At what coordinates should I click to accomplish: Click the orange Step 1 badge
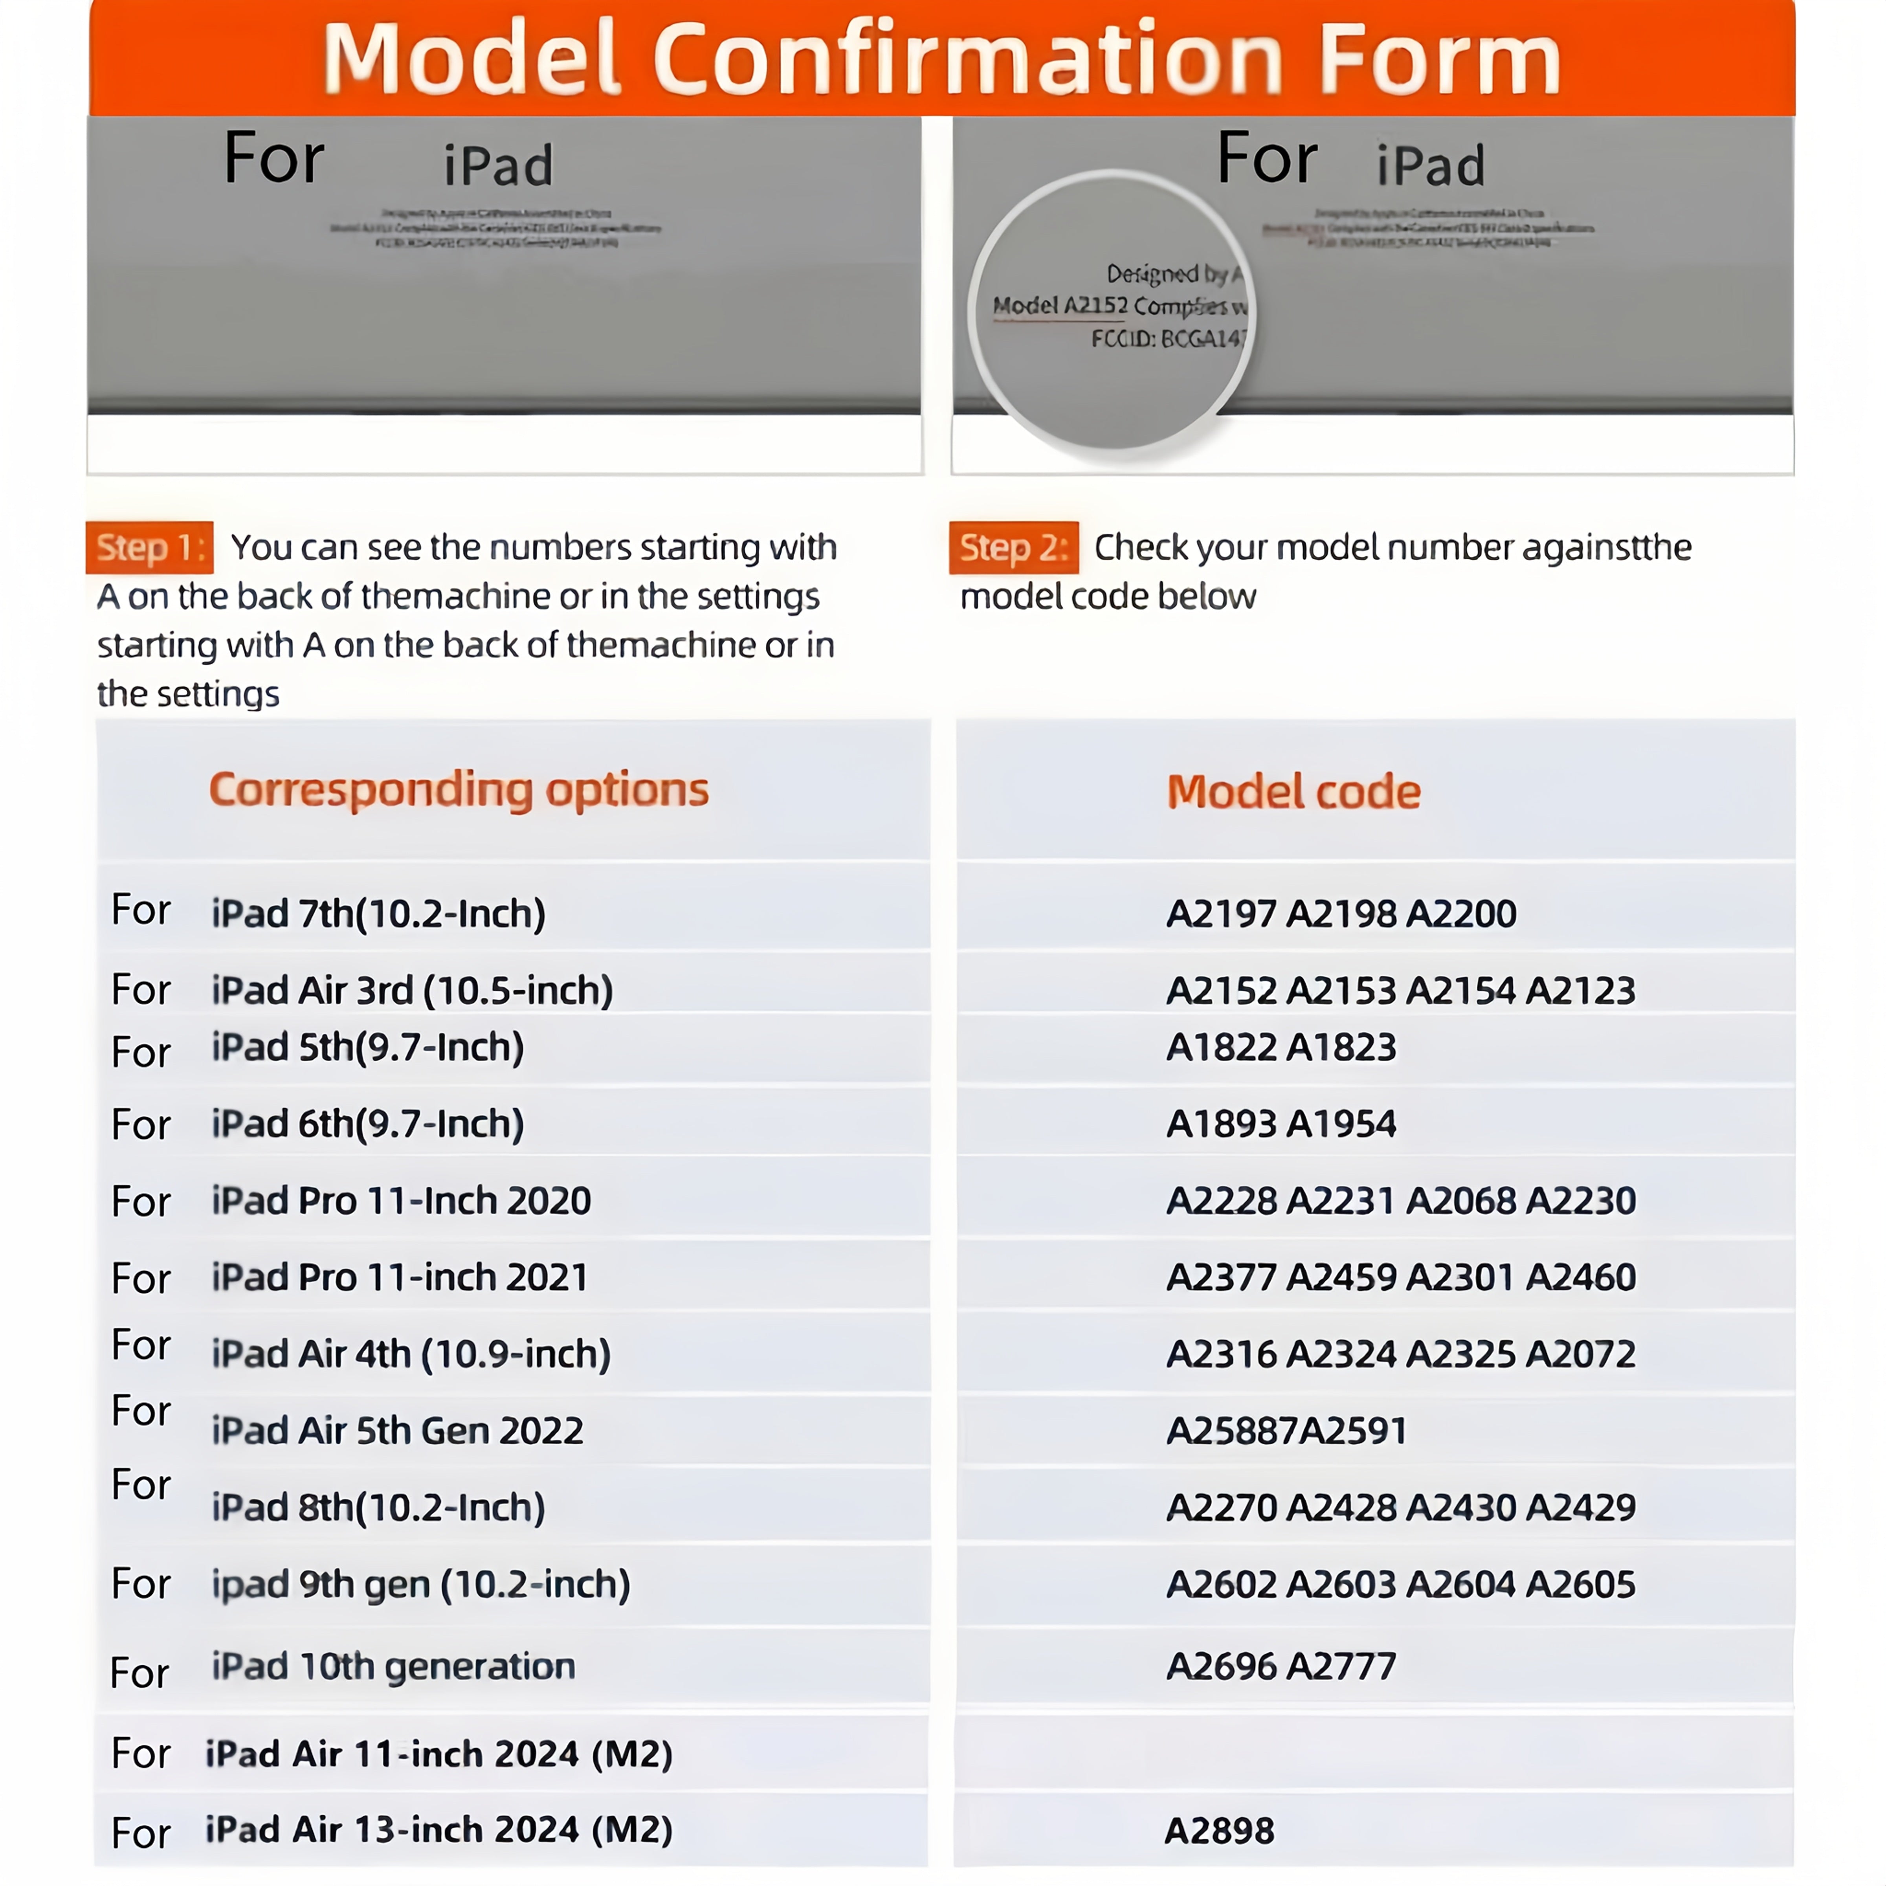tap(149, 548)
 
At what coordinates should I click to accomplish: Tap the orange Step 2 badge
tap(1013, 548)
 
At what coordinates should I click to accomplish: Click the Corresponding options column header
tap(459, 790)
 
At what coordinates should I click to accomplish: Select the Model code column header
tap(1293, 792)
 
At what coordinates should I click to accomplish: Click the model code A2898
tap(1219, 1830)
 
